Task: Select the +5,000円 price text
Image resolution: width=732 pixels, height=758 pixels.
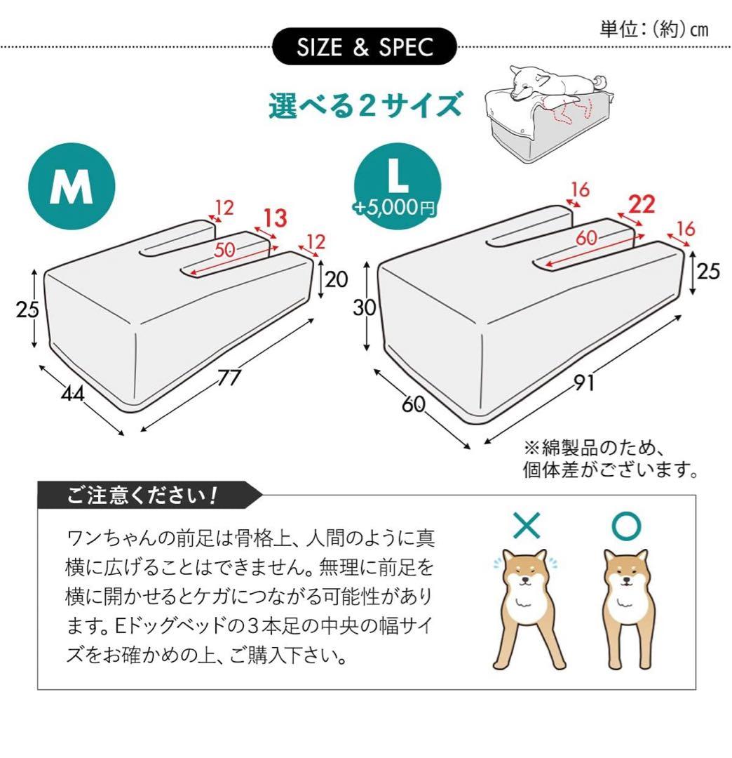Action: tap(394, 207)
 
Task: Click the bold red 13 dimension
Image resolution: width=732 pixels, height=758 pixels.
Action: tap(276, 218)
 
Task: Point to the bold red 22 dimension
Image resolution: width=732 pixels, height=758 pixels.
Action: tap(641, 204)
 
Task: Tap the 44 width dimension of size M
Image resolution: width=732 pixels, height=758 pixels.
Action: tap(72, 394)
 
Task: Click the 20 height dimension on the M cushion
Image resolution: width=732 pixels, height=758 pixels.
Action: tap(337, 279)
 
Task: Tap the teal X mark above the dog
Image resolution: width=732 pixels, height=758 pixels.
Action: tap(527, 525)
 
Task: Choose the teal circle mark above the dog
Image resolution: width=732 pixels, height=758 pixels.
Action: tap(625, 525)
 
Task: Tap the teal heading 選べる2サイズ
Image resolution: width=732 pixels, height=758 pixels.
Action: tap(365, 106)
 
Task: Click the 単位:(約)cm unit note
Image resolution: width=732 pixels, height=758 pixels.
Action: tap(653, 28)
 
